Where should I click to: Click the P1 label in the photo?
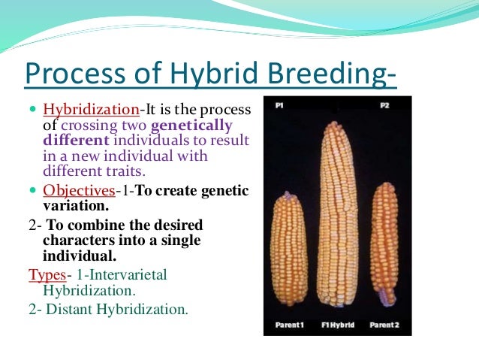(279, 107)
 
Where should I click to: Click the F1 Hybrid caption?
(336, 325)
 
